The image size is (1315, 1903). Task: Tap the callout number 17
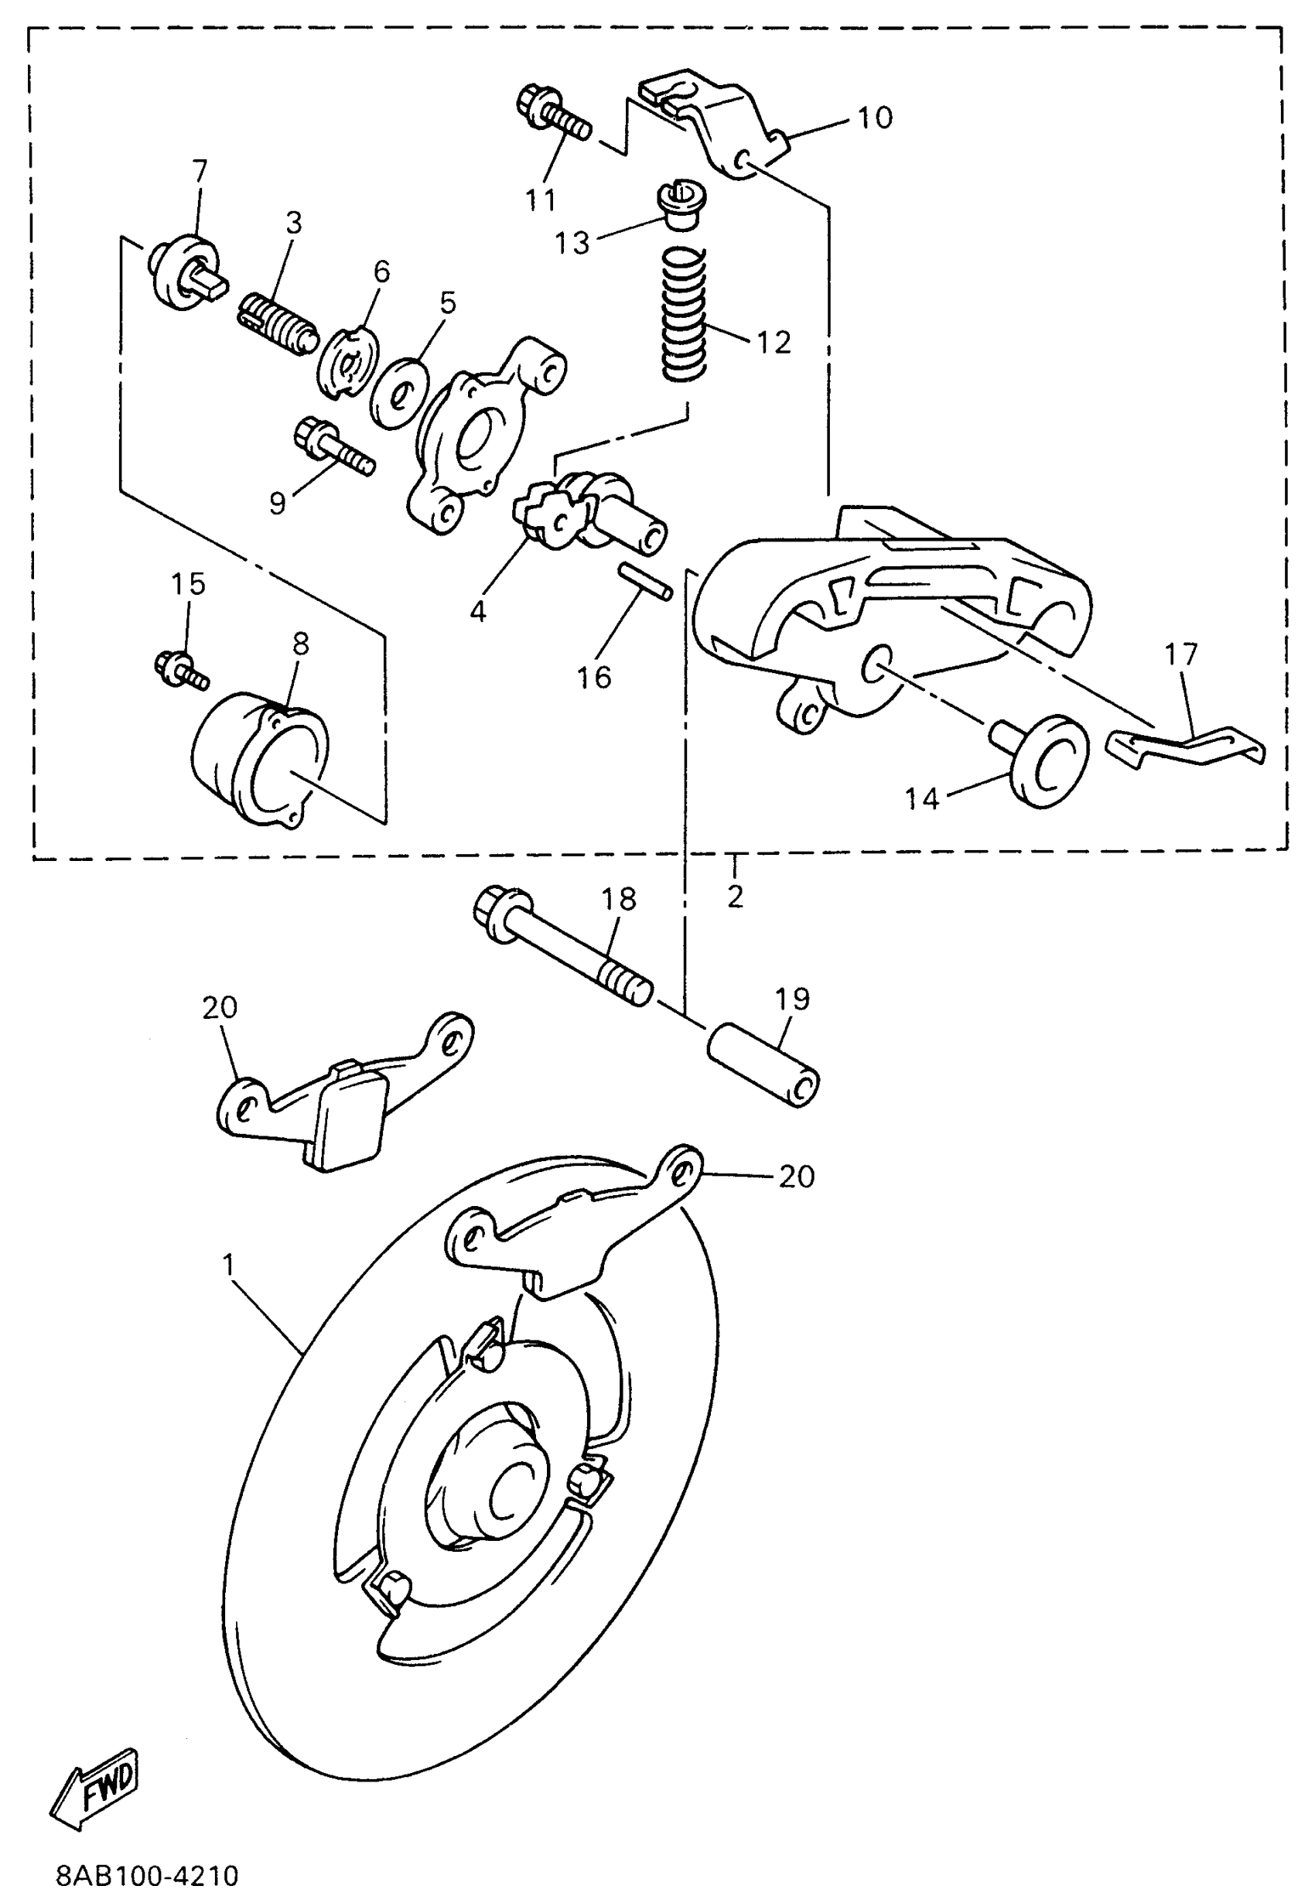click(x=1180, y=655)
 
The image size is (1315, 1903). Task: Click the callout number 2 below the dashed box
click(x=735, y=897)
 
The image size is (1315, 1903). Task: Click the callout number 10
click(x=874, y=118)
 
